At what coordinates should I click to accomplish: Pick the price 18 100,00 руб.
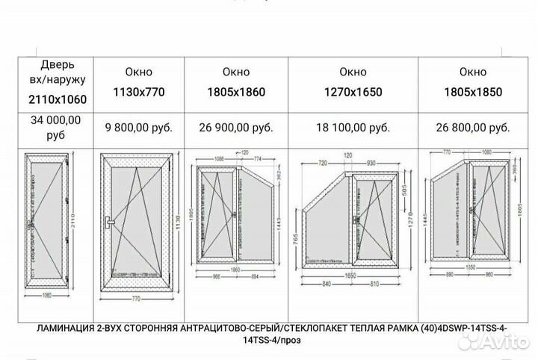[x=353, y=127]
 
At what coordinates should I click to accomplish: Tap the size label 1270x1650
[x=353, y=93]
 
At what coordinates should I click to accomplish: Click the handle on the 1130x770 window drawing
[x=110, y=222]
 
